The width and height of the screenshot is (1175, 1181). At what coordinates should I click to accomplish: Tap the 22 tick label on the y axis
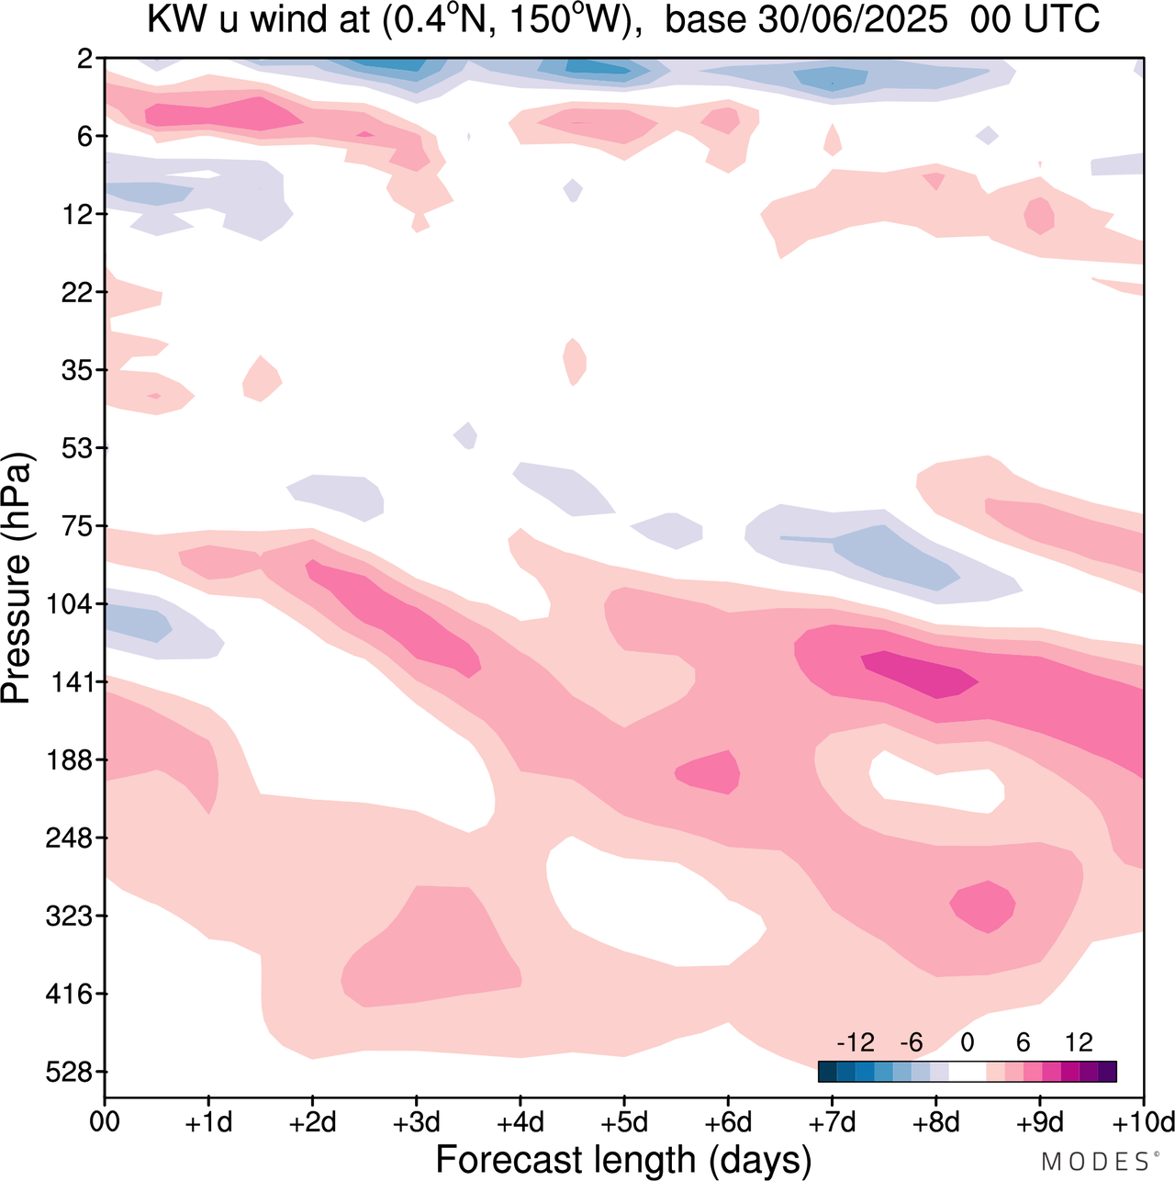(x=77, y=292)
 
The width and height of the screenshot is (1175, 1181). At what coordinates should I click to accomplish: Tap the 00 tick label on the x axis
(x=106, y=1123)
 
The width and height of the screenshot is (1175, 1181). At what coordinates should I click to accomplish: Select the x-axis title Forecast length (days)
(x=623, y=1160)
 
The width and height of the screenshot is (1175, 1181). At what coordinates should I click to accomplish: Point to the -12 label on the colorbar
(x=855, y=1043)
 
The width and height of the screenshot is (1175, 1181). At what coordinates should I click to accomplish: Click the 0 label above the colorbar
(x=967, y=1043)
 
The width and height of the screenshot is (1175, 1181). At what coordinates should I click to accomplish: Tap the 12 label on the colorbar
(x=1079, y=1043)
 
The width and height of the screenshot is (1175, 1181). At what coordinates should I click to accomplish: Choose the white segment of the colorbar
(x=967, y=1071)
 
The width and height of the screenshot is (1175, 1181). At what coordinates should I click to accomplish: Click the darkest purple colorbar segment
(x=1107, y=1071)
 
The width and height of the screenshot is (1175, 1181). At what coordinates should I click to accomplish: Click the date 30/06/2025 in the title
(x=853, y=20)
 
